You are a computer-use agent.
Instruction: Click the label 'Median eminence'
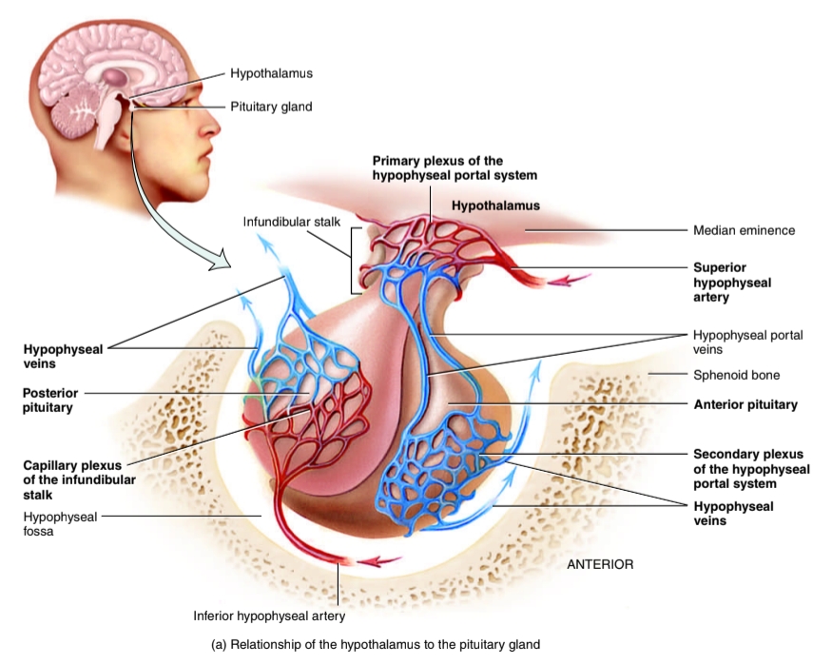pyautogui.click(x=744, y=230)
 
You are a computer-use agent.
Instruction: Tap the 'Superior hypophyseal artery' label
pyautogui.click(x=732, y=283)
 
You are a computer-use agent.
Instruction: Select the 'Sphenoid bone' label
pyautogui.click(x=736, y=375)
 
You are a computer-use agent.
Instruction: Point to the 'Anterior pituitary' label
pyautogui.click(x=745, y=404)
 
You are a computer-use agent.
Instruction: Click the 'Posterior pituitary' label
pyautogui.click(x=51, y=400)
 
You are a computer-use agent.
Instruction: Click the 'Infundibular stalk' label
pyautogui.click(x=291, y=222)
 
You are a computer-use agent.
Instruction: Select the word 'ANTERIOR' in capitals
pyautogui.click(x=599, y=564)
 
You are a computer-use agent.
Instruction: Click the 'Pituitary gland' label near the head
pyautogui.click(x=270, y=107)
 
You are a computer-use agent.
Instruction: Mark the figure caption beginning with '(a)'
pyautogui.click(x=376, y=644)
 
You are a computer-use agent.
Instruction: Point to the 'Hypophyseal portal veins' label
pyautogui.click(x=747, y=342)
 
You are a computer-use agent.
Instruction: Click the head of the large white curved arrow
pyautogui.click(x=223, y=257)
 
